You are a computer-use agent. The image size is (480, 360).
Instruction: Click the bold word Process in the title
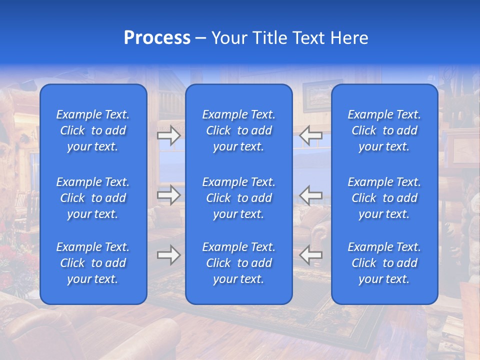click(157, 38)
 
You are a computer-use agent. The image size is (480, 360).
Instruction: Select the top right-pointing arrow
click(169, 135)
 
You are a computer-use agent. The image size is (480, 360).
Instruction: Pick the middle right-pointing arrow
click(169, 195)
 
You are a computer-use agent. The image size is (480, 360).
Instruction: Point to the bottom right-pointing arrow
click(169, 255)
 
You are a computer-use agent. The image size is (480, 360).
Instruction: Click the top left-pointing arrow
click(311, 135)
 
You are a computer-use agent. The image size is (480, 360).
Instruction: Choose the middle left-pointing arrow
click(311, 195)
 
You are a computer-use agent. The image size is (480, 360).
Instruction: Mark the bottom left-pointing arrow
click(311, 255)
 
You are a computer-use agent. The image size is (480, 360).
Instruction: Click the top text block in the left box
click(93, 130)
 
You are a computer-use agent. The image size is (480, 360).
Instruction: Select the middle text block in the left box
click(93, 198)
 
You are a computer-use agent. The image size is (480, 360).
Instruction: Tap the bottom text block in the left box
click(93, 263)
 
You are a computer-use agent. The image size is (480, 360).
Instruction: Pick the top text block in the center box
click(238, 130)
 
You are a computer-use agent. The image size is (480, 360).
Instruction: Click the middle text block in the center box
click(238, 198)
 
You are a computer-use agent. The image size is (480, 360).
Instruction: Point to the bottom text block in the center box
click(238, 263)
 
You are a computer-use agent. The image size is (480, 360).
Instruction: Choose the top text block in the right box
click(384, 130)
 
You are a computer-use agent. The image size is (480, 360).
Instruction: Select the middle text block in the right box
click(384, 198)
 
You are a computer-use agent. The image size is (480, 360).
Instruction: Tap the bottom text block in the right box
click(384, 263)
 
